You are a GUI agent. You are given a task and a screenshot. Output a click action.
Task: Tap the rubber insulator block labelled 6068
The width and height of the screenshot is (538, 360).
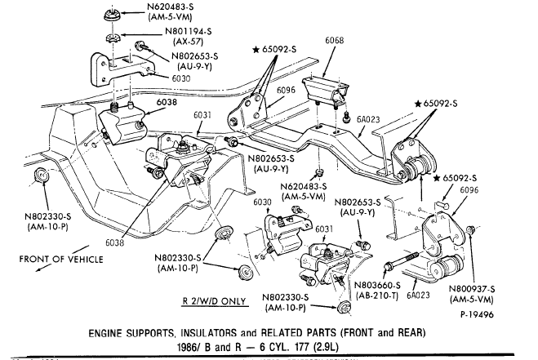click(x=324, y=91)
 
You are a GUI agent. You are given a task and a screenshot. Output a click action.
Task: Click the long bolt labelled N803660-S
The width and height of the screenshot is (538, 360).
click(x=400, y=264)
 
